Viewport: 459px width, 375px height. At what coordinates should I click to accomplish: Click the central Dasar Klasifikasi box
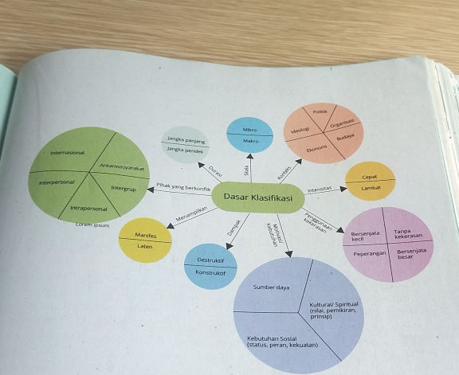click(257, 196)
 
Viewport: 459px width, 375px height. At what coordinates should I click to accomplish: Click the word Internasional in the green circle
click(68, 152)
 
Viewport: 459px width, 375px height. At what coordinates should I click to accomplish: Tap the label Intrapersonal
click(89, 209)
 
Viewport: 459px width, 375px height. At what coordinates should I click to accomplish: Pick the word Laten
click(145, 246)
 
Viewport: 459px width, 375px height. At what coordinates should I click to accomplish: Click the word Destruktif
click(210, 260)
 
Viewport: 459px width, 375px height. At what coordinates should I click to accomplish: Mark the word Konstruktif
click(210, 273)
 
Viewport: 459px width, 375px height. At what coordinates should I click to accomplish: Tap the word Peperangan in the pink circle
click(370, 253)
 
